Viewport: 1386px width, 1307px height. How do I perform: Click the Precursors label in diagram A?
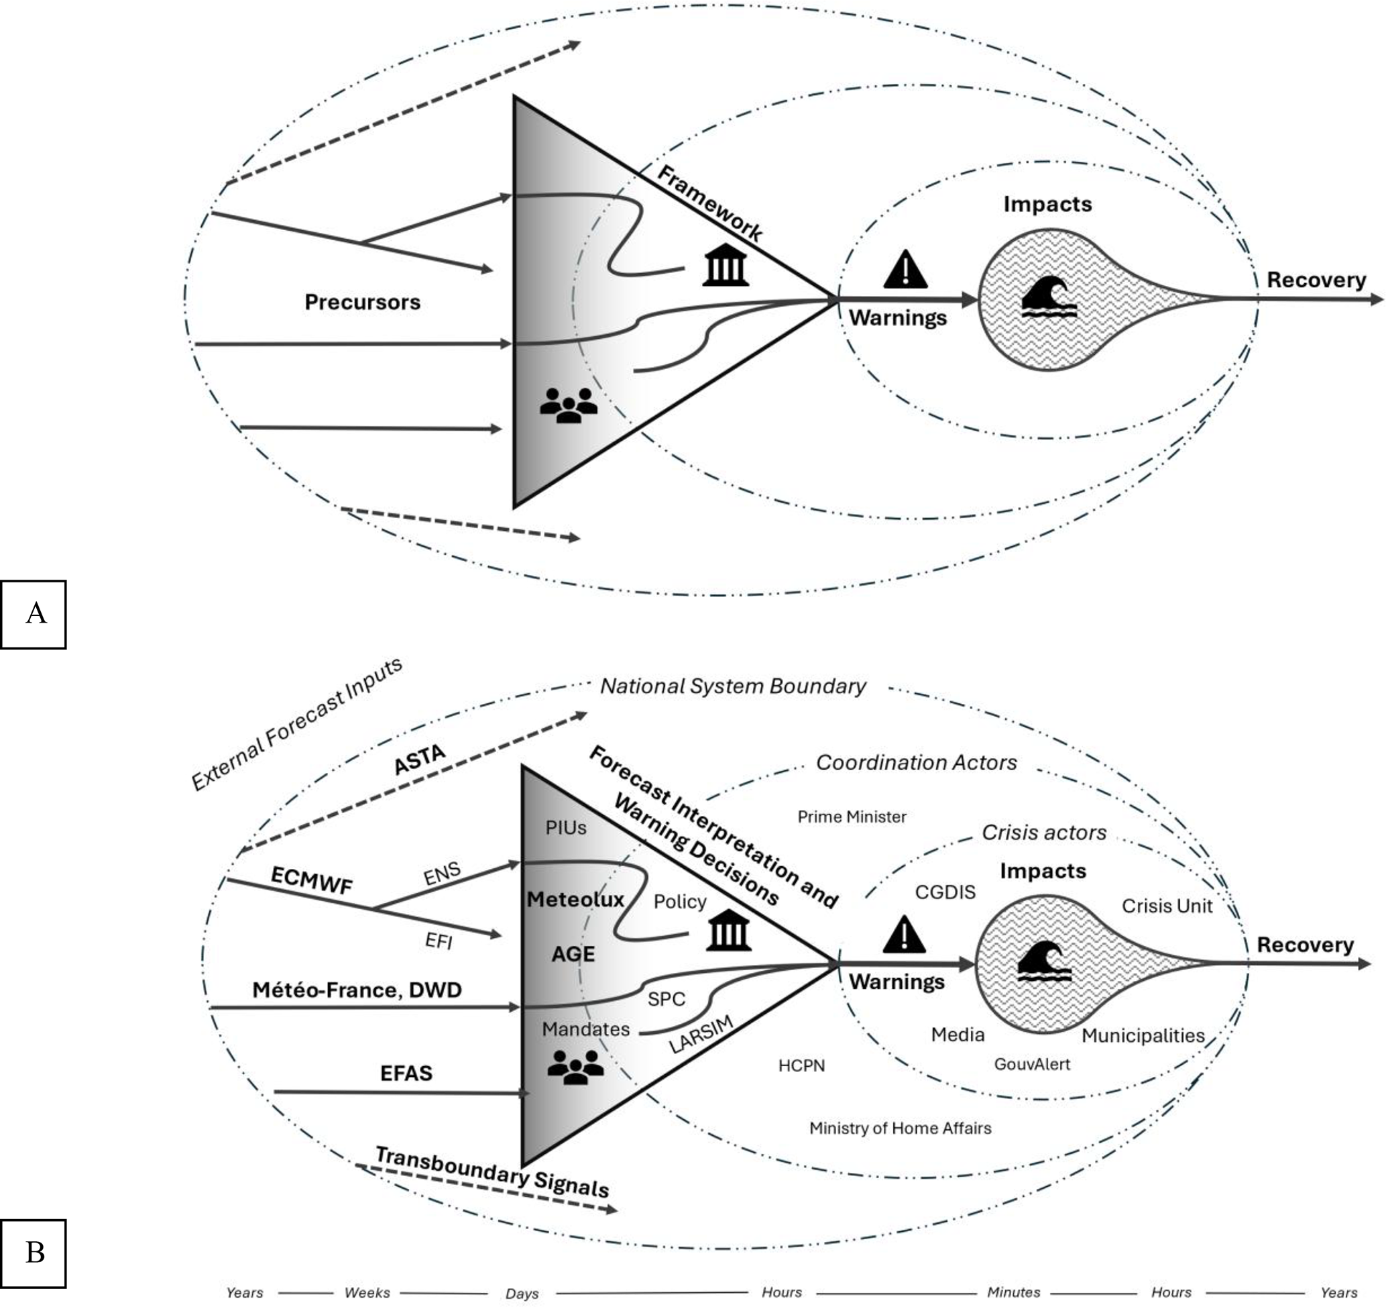click(363, 302)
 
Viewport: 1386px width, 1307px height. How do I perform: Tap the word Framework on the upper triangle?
click(709, 204)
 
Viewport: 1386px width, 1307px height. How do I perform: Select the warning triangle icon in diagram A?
click(905, 269)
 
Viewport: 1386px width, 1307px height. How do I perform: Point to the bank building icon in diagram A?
click(726, 265)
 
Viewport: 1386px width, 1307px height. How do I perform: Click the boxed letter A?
click(34, 614)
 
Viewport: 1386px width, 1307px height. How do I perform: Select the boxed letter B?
click(34, 1253)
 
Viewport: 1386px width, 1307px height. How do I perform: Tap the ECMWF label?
click(311, 880)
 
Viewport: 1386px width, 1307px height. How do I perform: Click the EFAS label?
click(406, 1073)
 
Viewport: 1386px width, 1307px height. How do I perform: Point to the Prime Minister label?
click(852, 817)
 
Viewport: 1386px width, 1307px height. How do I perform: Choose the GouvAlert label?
click(1032, 1064)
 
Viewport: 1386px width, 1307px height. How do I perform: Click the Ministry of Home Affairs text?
click(899, 1129)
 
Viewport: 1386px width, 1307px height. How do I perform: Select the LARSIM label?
click(701, 1035)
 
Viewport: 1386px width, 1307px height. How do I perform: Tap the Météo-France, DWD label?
click(356, 990)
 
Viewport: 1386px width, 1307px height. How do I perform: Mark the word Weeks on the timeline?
click(367, 1292)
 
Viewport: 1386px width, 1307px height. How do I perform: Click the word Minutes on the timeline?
click(1013, 1292)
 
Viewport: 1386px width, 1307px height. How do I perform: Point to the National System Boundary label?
click(733, 686)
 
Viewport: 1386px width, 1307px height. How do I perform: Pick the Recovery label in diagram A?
click(1316, 280)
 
